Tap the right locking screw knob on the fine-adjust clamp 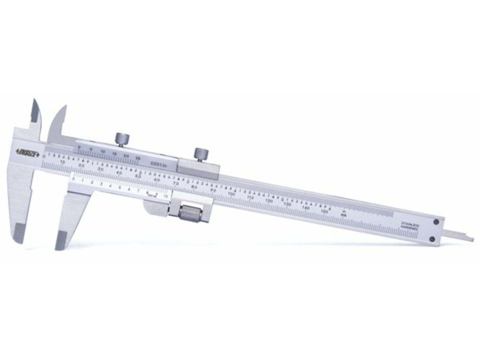click(x=201, y=154)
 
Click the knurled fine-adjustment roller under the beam click(x=190, y=213)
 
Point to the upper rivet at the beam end click(x=436, y=222)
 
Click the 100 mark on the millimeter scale click(x=231, y=194)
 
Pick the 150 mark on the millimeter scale click(x=324, y=212)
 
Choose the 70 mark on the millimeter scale click(x=176, y=183)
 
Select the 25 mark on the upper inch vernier click(x=138, y=159)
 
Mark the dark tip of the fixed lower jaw click(x=19, y=233)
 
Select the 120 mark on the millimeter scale click(x=269, y=201)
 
